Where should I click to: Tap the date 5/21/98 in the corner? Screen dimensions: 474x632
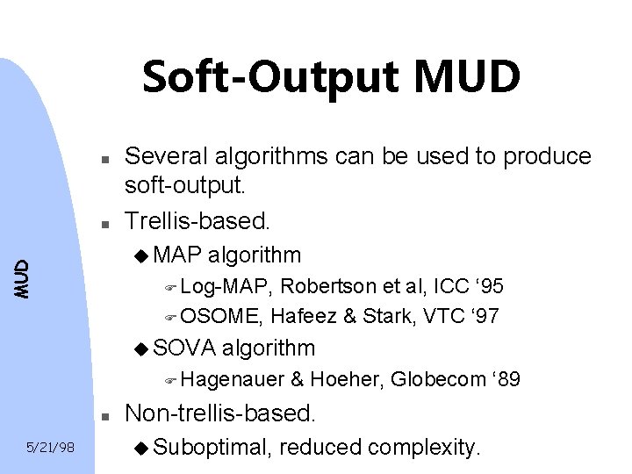[48, 448]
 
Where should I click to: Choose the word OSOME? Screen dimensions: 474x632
[226, 316]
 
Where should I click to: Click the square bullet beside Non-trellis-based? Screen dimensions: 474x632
[104, 414]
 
